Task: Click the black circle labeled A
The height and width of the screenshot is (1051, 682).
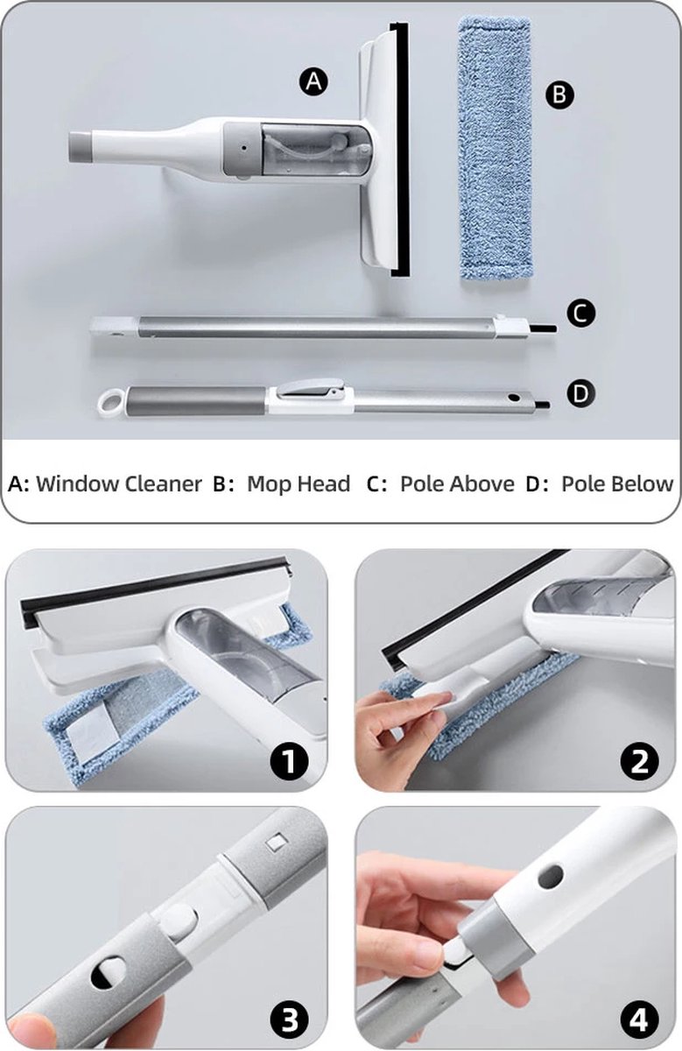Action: [x=313, y=82]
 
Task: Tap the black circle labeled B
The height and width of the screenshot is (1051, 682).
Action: [x=559, y=95]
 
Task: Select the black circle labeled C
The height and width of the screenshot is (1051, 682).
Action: [x=580, y=314]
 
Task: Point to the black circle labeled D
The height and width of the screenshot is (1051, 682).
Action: [x=580, y=394]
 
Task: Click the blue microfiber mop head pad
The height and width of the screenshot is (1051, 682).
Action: [x=496, y=148]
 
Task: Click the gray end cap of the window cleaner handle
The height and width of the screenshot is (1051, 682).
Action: [x=81, y=147]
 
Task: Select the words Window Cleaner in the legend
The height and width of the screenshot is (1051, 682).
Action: [x=119, y=483]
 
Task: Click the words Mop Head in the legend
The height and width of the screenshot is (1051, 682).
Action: [x=299, y=483]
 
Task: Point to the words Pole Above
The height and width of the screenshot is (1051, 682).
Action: [x=457, y=483]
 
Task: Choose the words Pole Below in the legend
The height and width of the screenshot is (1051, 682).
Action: [x=617, y=483]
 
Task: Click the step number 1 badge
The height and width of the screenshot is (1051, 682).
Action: [x=289, y=759]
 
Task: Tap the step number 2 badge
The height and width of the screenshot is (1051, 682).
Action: [x=639, y=759]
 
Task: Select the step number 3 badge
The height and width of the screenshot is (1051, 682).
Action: [x=289, y=1019]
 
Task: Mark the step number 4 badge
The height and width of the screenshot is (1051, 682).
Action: [x=639, y=1019]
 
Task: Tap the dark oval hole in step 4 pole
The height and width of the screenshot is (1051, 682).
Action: [x=550, y=877]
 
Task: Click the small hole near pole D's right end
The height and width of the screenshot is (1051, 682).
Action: [x=515, y=398]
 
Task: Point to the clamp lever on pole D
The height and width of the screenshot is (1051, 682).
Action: [x=311, y=389]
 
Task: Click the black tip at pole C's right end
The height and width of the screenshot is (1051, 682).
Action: [x=543, y=328]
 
